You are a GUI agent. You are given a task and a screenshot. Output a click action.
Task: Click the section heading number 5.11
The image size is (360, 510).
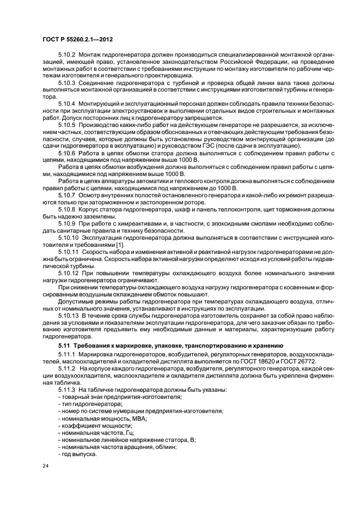(x=64, y=345)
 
